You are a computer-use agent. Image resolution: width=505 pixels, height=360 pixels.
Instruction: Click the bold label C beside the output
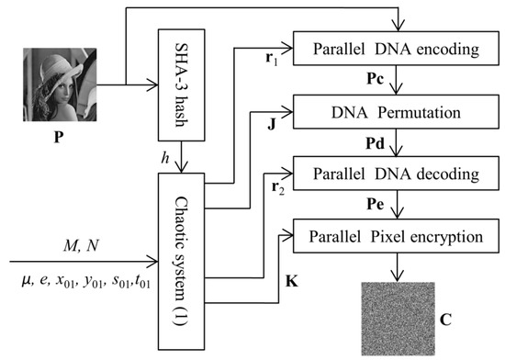tap(445, 320)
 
